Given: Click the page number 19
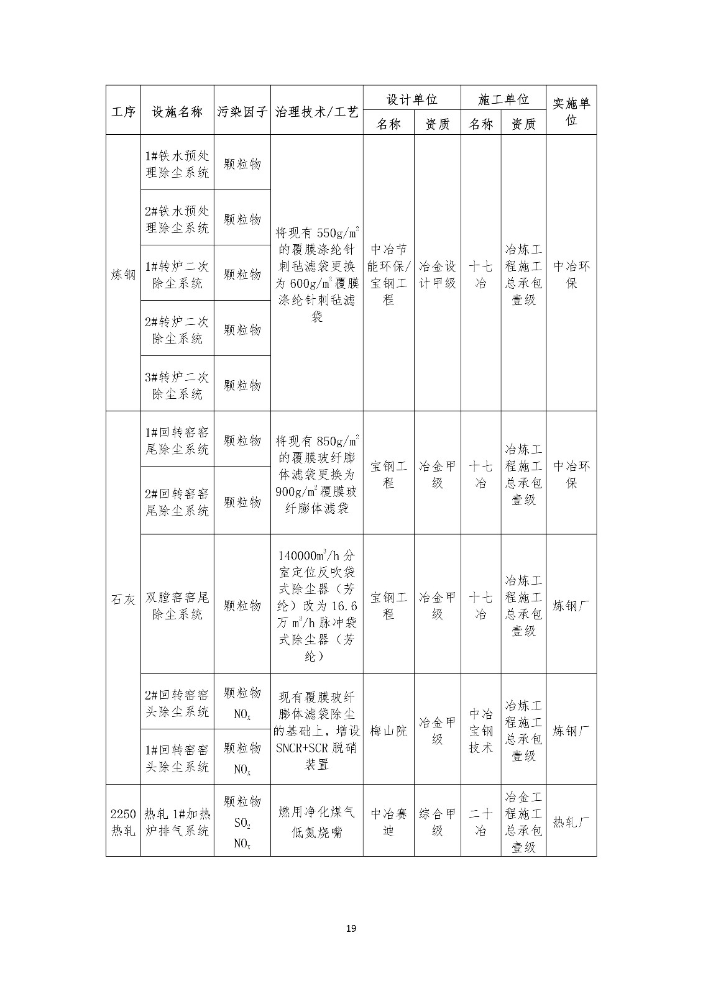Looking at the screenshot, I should click(x=351, y=929).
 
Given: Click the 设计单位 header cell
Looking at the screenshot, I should click(x=411, y=99).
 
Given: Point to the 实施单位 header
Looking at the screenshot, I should click(x=571, y=111).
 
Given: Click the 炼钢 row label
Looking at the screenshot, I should click(x=123, y=274).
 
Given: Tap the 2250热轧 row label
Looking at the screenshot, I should click(x=123, y=821).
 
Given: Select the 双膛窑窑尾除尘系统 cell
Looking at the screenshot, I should click(x=177, y=605).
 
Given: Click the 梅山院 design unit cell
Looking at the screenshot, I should click(x=388, y=731).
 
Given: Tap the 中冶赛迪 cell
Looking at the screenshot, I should click(x=388, y=821).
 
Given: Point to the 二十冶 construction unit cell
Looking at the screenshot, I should click(x=480, y=821).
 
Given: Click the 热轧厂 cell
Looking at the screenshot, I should click(x=571, y=821).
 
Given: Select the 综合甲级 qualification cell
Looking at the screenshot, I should click(x=437, y=821).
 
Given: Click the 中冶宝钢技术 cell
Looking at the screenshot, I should click(x=480, y=731).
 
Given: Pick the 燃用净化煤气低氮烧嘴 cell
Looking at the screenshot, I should click(x=316, y=821).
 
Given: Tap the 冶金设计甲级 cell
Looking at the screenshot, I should click(x=437, y=274).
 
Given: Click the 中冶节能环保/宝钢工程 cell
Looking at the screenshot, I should click(x=388, y=274).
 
